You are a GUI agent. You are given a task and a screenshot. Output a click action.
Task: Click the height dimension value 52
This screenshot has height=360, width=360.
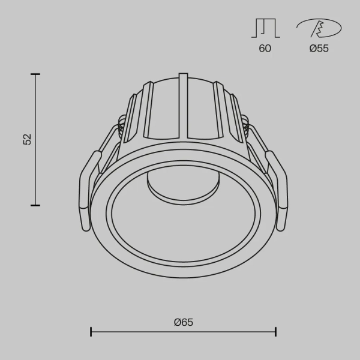(x=27, y=139)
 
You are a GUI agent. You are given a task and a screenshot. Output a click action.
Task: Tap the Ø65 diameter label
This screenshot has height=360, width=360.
(x=184, y=322)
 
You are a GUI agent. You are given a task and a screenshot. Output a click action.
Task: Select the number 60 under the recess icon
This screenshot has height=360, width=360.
(x=265, y=49)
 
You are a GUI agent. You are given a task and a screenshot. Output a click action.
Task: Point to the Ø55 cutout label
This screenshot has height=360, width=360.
(x=319, y=49)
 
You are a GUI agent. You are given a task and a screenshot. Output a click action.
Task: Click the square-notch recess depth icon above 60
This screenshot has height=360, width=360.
(x=265, y=28)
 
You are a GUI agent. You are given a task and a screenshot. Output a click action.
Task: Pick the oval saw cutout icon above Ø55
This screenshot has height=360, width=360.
(x=319, y=28)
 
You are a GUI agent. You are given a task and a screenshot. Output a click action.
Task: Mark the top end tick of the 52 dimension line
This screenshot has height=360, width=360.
(x=35, y=74)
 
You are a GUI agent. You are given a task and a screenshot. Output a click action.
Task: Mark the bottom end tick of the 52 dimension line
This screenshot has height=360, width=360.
(x=35, y=205)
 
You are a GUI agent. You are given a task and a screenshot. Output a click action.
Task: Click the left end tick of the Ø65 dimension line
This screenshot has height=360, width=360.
(x=91, y=331)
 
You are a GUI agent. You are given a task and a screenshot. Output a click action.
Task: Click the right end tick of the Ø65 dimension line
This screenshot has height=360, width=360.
(x=276, y=331)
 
